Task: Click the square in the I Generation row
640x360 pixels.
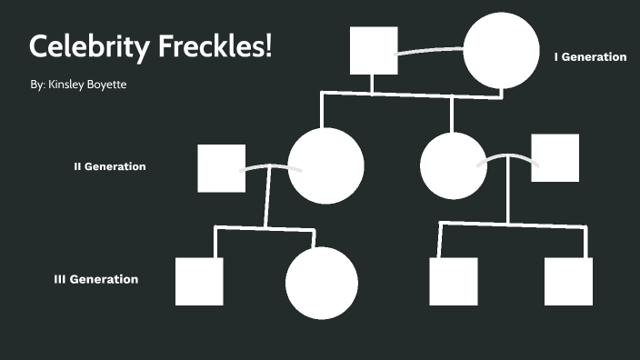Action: point(374,50)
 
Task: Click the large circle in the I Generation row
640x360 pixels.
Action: point(502,51)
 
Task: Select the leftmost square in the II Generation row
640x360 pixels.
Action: point(221,168)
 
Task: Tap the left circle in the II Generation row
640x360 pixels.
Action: point(325,165)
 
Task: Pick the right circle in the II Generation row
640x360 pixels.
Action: point(454,166)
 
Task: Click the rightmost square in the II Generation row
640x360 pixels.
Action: point(555,158)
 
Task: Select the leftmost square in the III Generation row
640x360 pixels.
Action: point(199,281)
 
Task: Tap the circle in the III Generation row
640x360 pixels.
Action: point(322,283)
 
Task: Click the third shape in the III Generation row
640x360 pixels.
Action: point(453,281)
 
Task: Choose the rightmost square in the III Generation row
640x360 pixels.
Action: point(568,281)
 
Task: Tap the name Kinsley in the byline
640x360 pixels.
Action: point(68,84)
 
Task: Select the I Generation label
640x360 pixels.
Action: point(590,56)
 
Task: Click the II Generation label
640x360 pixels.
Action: point(109,166)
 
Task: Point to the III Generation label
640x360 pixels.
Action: point(96,279)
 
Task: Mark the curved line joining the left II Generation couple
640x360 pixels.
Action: point(266,166)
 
